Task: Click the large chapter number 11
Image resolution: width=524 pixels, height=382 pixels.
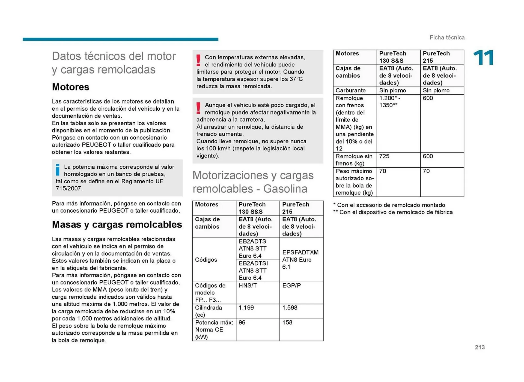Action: coord(483,58)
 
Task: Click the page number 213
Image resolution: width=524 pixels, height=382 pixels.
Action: coord(480,347)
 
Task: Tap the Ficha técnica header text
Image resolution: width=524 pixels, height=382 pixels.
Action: coord(447,38)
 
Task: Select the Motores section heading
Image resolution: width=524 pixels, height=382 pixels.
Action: coord(70,87)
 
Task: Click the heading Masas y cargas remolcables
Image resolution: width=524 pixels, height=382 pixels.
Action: coord(117,225)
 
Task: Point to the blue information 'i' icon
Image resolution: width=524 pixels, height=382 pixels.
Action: coord(58,170)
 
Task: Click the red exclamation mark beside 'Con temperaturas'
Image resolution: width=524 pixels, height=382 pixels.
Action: coord(198,60)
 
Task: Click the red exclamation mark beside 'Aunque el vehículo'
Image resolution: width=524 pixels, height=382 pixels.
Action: coord(198,108)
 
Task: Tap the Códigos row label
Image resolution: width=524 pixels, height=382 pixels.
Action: coord(206,260)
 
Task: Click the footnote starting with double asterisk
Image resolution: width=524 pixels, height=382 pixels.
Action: coord(393,212)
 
